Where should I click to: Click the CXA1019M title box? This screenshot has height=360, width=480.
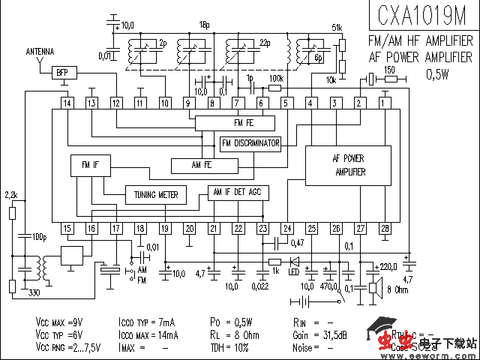click(421, 16)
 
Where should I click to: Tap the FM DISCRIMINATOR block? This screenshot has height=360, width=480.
click(250, 143)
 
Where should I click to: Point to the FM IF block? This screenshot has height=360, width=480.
click(80, 164)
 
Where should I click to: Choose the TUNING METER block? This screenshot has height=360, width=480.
click(155, 195)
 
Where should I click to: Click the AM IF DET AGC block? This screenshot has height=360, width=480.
click(238, 191)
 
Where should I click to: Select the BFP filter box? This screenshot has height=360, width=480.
click(61, 72)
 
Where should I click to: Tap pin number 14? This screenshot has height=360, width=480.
click(67, 103)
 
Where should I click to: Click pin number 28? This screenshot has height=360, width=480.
click(385, 228)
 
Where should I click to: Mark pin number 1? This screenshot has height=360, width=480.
click(385, 103)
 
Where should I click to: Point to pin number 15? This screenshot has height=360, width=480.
click(67, 228)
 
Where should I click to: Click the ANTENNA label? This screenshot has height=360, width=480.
click(40, 52)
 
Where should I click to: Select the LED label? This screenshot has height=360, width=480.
click(294, 271)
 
